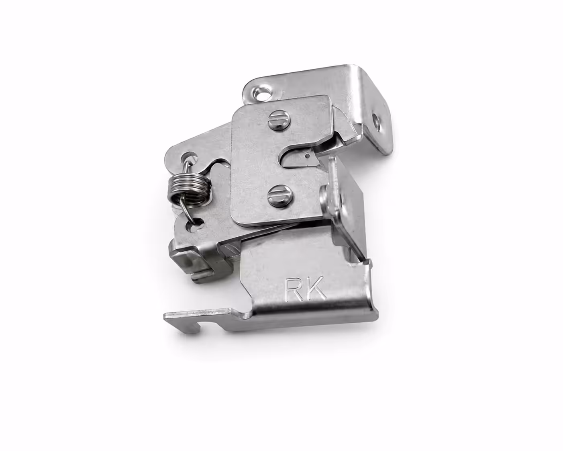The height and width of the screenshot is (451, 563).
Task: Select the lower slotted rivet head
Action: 279,196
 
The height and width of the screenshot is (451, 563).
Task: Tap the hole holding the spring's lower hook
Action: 195,224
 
